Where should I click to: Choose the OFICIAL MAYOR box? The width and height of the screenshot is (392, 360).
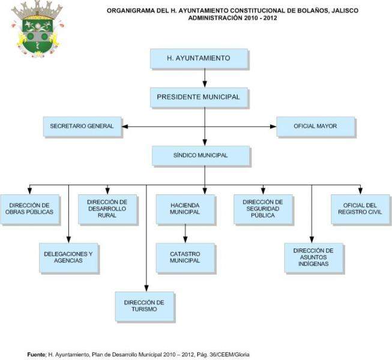coord(315,127)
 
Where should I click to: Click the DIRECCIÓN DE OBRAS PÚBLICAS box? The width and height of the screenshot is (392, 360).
coord(29,208)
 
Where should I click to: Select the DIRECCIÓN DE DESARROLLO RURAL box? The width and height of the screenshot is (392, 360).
coord(107,208)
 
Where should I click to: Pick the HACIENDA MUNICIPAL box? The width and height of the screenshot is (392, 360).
coord(185,208)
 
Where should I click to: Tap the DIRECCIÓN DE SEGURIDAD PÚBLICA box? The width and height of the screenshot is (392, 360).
coord(262,208)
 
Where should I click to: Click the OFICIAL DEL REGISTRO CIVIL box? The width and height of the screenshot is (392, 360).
coord(360,208)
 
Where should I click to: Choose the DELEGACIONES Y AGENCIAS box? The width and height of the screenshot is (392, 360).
coord(68,257)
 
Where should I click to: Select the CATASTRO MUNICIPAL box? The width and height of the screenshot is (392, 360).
coord(185,257)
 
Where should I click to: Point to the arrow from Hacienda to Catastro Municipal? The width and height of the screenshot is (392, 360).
coord(185,233)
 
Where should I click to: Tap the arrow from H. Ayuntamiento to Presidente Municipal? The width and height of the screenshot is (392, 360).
coord(205,77)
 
